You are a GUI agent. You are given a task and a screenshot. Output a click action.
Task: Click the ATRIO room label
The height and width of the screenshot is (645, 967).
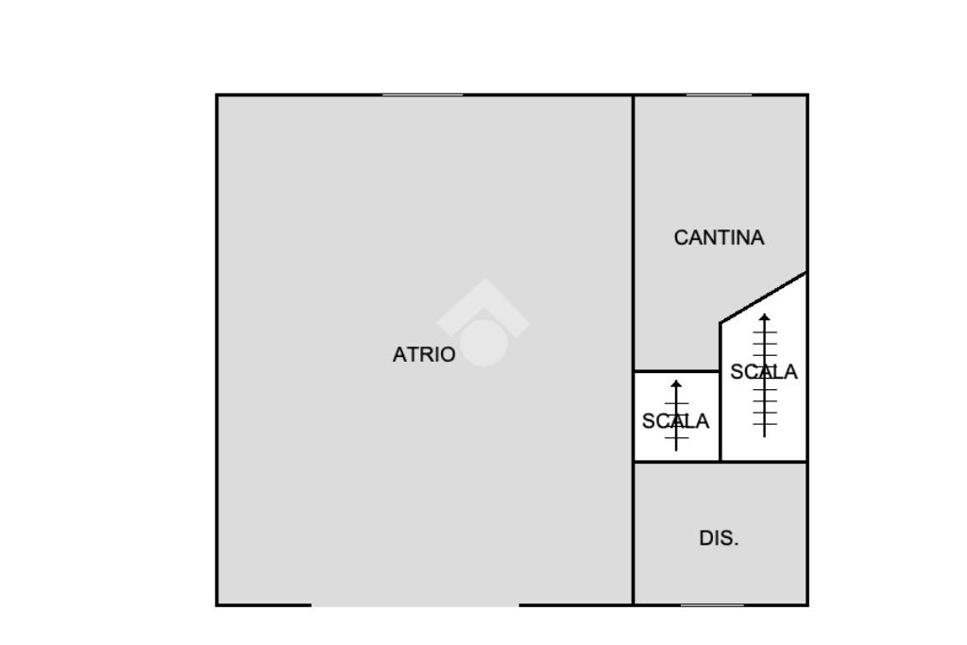click(x=423, y=355)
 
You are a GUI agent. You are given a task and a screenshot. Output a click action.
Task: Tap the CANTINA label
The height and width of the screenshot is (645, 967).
click(x=719, y=238)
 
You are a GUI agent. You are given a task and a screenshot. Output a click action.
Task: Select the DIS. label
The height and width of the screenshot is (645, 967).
click(x=719, y=539)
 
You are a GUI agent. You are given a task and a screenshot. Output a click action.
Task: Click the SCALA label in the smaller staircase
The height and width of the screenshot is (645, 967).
click(x=675, y=422)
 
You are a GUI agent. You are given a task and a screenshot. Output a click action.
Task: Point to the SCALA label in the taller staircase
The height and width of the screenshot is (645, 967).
click(x=764, y=372)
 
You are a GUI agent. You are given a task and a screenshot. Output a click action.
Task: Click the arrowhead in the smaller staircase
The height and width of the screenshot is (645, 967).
click(x=676, y=384)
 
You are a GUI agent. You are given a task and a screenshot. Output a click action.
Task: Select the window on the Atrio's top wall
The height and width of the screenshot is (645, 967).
click(x=422, y=94)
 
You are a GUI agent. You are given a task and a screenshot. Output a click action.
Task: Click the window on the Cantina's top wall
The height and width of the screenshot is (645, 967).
click(x=719, y=94)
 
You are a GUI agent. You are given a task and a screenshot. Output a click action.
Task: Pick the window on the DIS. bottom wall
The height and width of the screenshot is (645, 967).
click(x=712, y=604)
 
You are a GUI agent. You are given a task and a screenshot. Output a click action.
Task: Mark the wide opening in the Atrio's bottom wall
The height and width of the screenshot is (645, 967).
click(x=415, y=604)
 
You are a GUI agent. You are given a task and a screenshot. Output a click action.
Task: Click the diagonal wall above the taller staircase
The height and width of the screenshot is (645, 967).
click(x=764, y=297)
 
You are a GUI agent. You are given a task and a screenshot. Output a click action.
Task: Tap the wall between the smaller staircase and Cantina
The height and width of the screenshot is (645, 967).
click(x=676, y=371)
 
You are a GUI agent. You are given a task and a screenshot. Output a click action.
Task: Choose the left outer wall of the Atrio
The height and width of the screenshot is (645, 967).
click(x=217, y=349)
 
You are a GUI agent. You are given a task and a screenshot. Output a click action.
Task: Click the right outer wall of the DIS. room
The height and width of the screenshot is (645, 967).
click(x=807, y=534)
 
